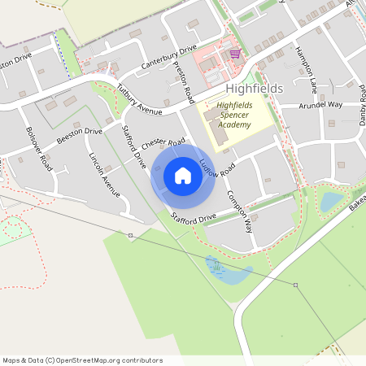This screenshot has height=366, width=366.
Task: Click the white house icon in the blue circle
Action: click(x=183, y=176)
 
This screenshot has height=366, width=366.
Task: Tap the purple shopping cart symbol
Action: click(x=235, y=54)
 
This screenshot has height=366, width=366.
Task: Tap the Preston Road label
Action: click(x=183, y=81)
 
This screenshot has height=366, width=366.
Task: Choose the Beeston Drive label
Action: click(x=81, y=136)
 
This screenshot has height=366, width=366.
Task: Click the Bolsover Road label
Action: click(x=38, y=149)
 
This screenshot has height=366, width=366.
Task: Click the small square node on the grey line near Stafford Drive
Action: click(x=130, y=235)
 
